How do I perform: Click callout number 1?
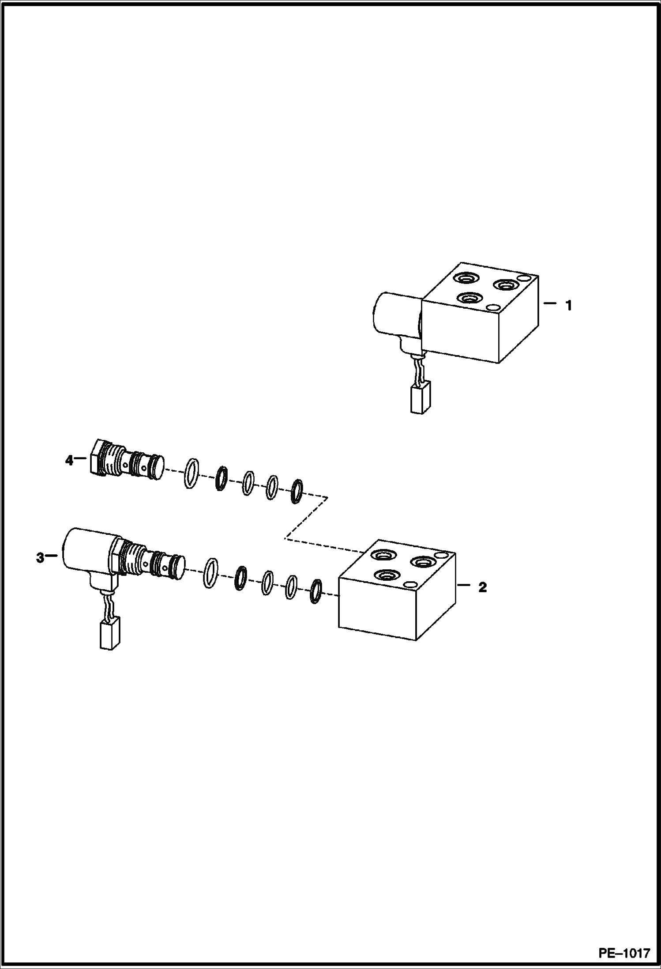click(x=569, y=305)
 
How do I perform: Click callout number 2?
click(x=483, y=587)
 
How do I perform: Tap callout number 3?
click(x=40, y=558)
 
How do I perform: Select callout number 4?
click(x=69, y=460)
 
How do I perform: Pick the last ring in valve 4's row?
click(x=297, y=491)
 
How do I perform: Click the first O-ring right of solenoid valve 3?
click(x=211, y=573)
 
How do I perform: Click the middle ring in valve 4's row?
click(x=248, y=483)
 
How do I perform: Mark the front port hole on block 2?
click(x=386, y=575)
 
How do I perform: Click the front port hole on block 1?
click(x=469, y=299)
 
